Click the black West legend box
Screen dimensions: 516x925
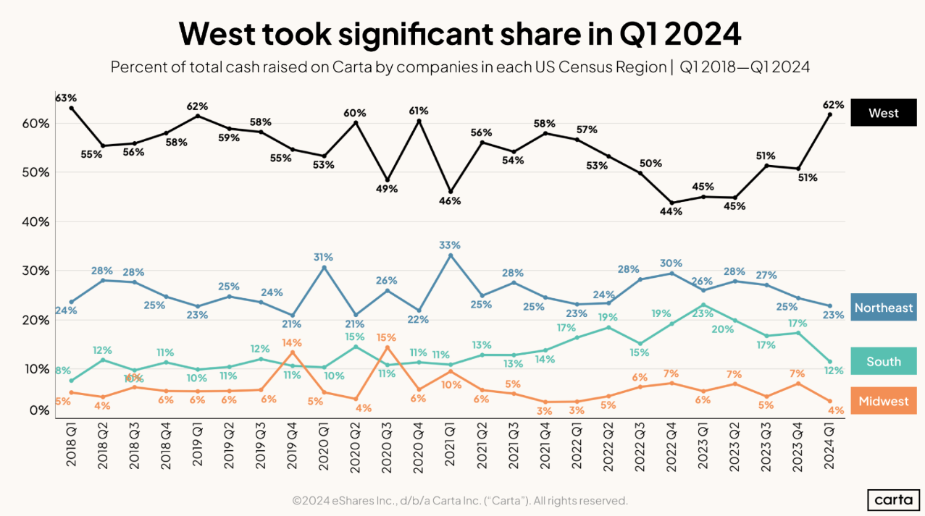pyautogui.click(x=883, y=113)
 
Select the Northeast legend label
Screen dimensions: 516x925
pyautogui.click(x=883, y=308)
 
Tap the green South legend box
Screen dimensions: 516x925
pyautogui.click(x=883, y=361)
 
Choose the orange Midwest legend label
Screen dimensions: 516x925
pyautogui.click(x=883, y=401)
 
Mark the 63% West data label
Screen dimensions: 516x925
pyautogui.click(x=66, y=97)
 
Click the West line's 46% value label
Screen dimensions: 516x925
pyautogui.click(x=450, y=201)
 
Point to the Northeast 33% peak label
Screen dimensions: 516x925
pyautogui.click(x=450, y=245)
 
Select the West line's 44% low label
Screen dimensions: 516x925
pyautogui.click(x=671, y=212)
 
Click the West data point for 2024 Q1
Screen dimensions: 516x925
pyautogui.click(x=829, y=114)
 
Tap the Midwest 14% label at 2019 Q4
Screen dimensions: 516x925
pyautogui.click(x=292, y=342)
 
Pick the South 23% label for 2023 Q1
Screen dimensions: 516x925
pyautogui.click(x=703, y=314)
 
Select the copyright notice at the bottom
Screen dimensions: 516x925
pyautogui.click(x=459, y=500)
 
